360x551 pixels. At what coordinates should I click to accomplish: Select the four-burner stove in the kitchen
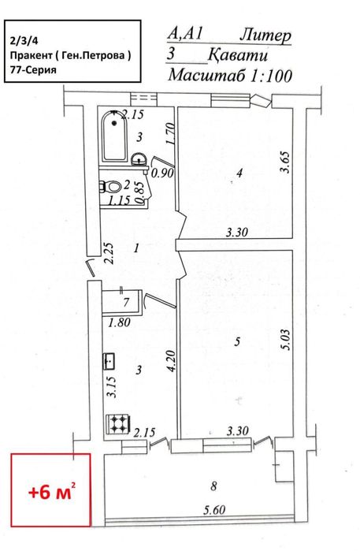[x=118, y=424]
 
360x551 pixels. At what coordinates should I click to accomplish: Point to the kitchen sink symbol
[x=109, y=361]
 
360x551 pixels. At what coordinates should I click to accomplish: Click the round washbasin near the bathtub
[x=139, y=159]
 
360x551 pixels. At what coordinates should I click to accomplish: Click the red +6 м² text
[x=52, y=493]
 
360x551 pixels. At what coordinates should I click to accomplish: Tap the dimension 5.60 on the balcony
[x=214, y=509]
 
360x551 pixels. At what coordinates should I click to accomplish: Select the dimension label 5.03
[x=285, y=340]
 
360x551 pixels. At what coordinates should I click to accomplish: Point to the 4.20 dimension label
[x=172, y=361]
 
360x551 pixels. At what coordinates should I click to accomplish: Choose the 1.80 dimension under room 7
[x=120, y=322]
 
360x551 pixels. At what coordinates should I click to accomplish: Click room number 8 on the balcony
[x=214, y=486]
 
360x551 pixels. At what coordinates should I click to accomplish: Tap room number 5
[x=237, y=341]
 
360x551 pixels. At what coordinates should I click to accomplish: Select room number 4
[x=239, y=173]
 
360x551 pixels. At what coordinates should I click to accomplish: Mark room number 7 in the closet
[x=127, y=302]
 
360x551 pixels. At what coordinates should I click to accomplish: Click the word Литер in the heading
[x=266, y=36]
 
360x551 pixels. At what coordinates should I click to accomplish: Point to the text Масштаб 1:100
[x=230, y=75]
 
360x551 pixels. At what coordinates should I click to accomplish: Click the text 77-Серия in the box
[x=33, y=69]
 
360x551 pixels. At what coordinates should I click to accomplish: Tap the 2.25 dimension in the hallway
[x=109, y=254]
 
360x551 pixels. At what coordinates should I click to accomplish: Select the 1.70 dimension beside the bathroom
[x=170, y=133]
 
